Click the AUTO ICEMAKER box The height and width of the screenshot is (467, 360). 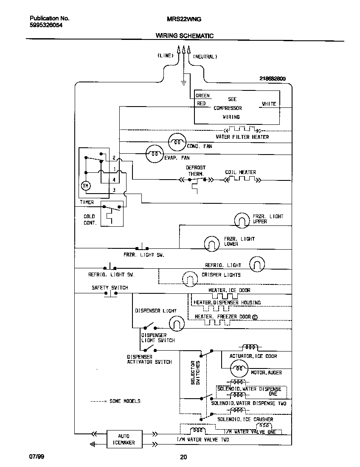point(123,439)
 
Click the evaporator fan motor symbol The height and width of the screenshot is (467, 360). point(154,155)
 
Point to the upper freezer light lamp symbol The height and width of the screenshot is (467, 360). point(242,219)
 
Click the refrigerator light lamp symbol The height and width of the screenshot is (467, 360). point(257,264)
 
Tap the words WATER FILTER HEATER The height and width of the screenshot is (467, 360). point(242,137)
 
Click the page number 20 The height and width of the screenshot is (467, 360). point(183,457)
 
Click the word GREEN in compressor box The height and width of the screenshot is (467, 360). point(202,96)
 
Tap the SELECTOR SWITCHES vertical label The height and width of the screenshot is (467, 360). point(195,373)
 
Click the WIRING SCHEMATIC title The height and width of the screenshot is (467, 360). point(184,36)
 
